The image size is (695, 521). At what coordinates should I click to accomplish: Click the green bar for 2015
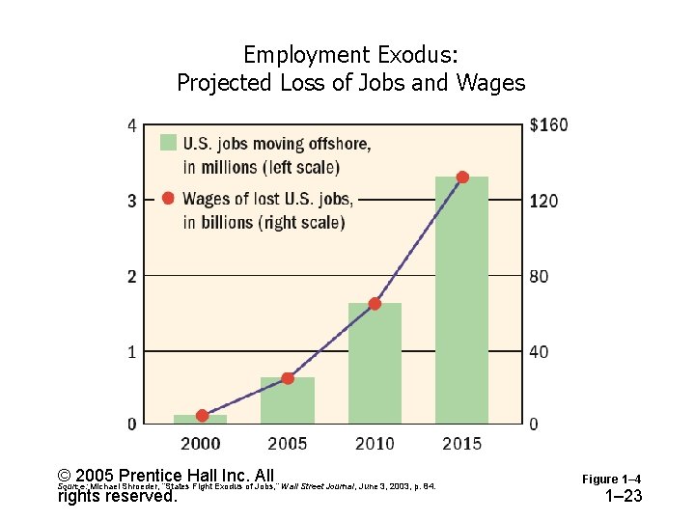[461, 300]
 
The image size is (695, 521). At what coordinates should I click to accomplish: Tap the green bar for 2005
[288, 400]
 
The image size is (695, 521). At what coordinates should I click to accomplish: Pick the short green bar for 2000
[201, 419]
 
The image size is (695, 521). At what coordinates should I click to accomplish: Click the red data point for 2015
[462, 178]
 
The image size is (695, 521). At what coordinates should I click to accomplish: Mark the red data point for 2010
[375, 304]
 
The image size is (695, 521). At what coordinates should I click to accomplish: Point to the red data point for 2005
[288, 378]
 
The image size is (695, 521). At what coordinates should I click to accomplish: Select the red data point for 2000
[202, 416]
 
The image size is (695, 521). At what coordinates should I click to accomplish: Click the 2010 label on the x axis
[375, 444]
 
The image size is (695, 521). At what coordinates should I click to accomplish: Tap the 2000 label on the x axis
[201, 444]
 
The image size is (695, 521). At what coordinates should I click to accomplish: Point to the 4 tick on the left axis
[132, 124]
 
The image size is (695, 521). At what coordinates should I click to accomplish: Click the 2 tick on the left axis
[132, 276]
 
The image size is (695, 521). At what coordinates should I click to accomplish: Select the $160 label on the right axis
[549, 124]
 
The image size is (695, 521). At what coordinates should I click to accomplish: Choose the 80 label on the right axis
[540, 277]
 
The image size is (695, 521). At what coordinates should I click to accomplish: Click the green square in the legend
[168, 143]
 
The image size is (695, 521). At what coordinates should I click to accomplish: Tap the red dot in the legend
[168, 199]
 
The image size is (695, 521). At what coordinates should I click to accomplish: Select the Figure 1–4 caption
[611, 480]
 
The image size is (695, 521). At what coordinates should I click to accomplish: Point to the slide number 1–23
[623, 497]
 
